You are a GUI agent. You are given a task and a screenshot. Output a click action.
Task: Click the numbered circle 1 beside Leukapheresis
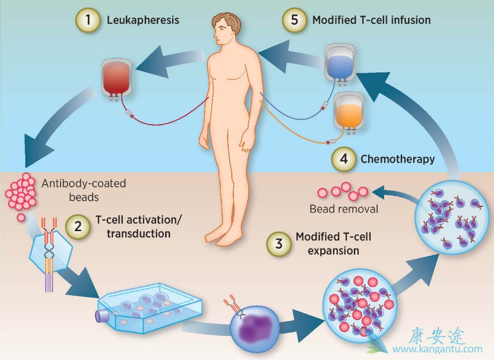[x=88, y=20]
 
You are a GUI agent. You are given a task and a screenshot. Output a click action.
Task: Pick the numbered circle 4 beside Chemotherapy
[x=343, y=159]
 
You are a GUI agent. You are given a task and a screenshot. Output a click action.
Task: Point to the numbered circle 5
[x=294, y=20]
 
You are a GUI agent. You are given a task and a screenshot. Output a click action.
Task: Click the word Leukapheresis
[x=142, y=20]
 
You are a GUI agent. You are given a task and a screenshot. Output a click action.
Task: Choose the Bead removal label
[x=344, y=209]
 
